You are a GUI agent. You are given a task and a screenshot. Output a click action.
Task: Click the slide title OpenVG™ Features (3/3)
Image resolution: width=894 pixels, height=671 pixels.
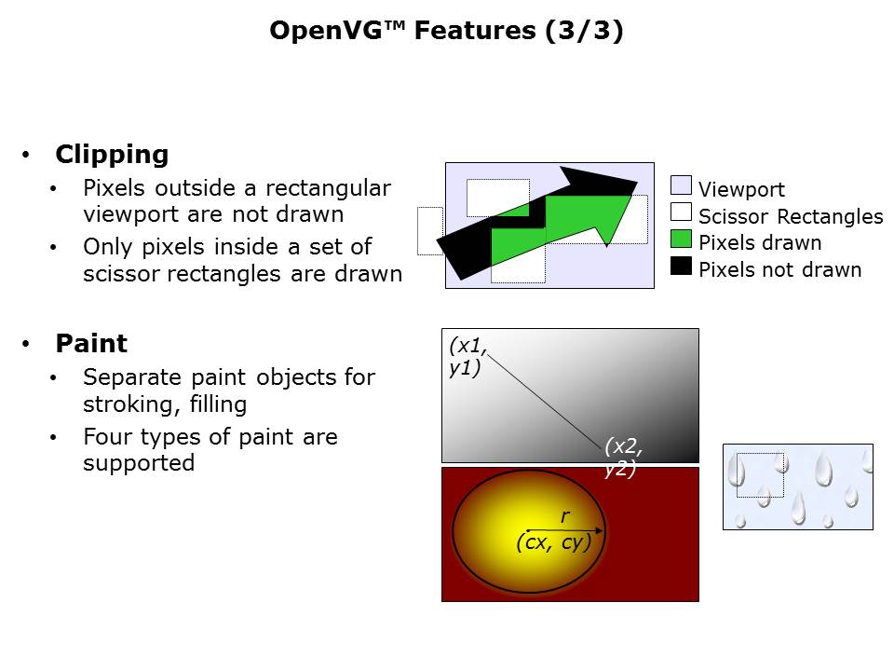[446, 31]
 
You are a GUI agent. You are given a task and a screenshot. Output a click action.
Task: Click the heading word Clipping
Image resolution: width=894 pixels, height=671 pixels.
[112, 154]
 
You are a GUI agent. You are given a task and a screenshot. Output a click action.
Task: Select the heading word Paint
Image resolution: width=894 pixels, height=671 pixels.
[91, 343]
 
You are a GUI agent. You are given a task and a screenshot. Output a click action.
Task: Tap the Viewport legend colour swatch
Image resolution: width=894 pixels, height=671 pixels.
[681, 185]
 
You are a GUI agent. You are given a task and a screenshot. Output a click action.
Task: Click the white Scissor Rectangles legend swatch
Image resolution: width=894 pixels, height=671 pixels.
[681, 212]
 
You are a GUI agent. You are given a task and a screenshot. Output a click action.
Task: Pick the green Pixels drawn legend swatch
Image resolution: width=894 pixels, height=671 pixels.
[681, 239]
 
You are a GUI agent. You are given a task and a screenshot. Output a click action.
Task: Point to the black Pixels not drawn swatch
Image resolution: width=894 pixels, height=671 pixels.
[681, 266]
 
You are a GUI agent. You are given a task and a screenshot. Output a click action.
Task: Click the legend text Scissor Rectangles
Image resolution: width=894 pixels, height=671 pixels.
[790, 217]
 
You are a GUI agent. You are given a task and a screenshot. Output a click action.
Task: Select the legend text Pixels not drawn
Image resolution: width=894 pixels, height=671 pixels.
[779, 270]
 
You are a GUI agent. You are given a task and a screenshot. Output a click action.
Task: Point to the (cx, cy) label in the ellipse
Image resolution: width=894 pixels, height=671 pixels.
[553, 542]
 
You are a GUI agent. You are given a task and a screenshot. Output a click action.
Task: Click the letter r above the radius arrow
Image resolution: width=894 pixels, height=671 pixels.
[564, 515]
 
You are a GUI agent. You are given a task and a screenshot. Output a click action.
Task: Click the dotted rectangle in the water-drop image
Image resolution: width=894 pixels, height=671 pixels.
[760, 475]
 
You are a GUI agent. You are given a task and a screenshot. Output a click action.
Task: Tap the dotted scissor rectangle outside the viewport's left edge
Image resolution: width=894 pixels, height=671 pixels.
[429, 230]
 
